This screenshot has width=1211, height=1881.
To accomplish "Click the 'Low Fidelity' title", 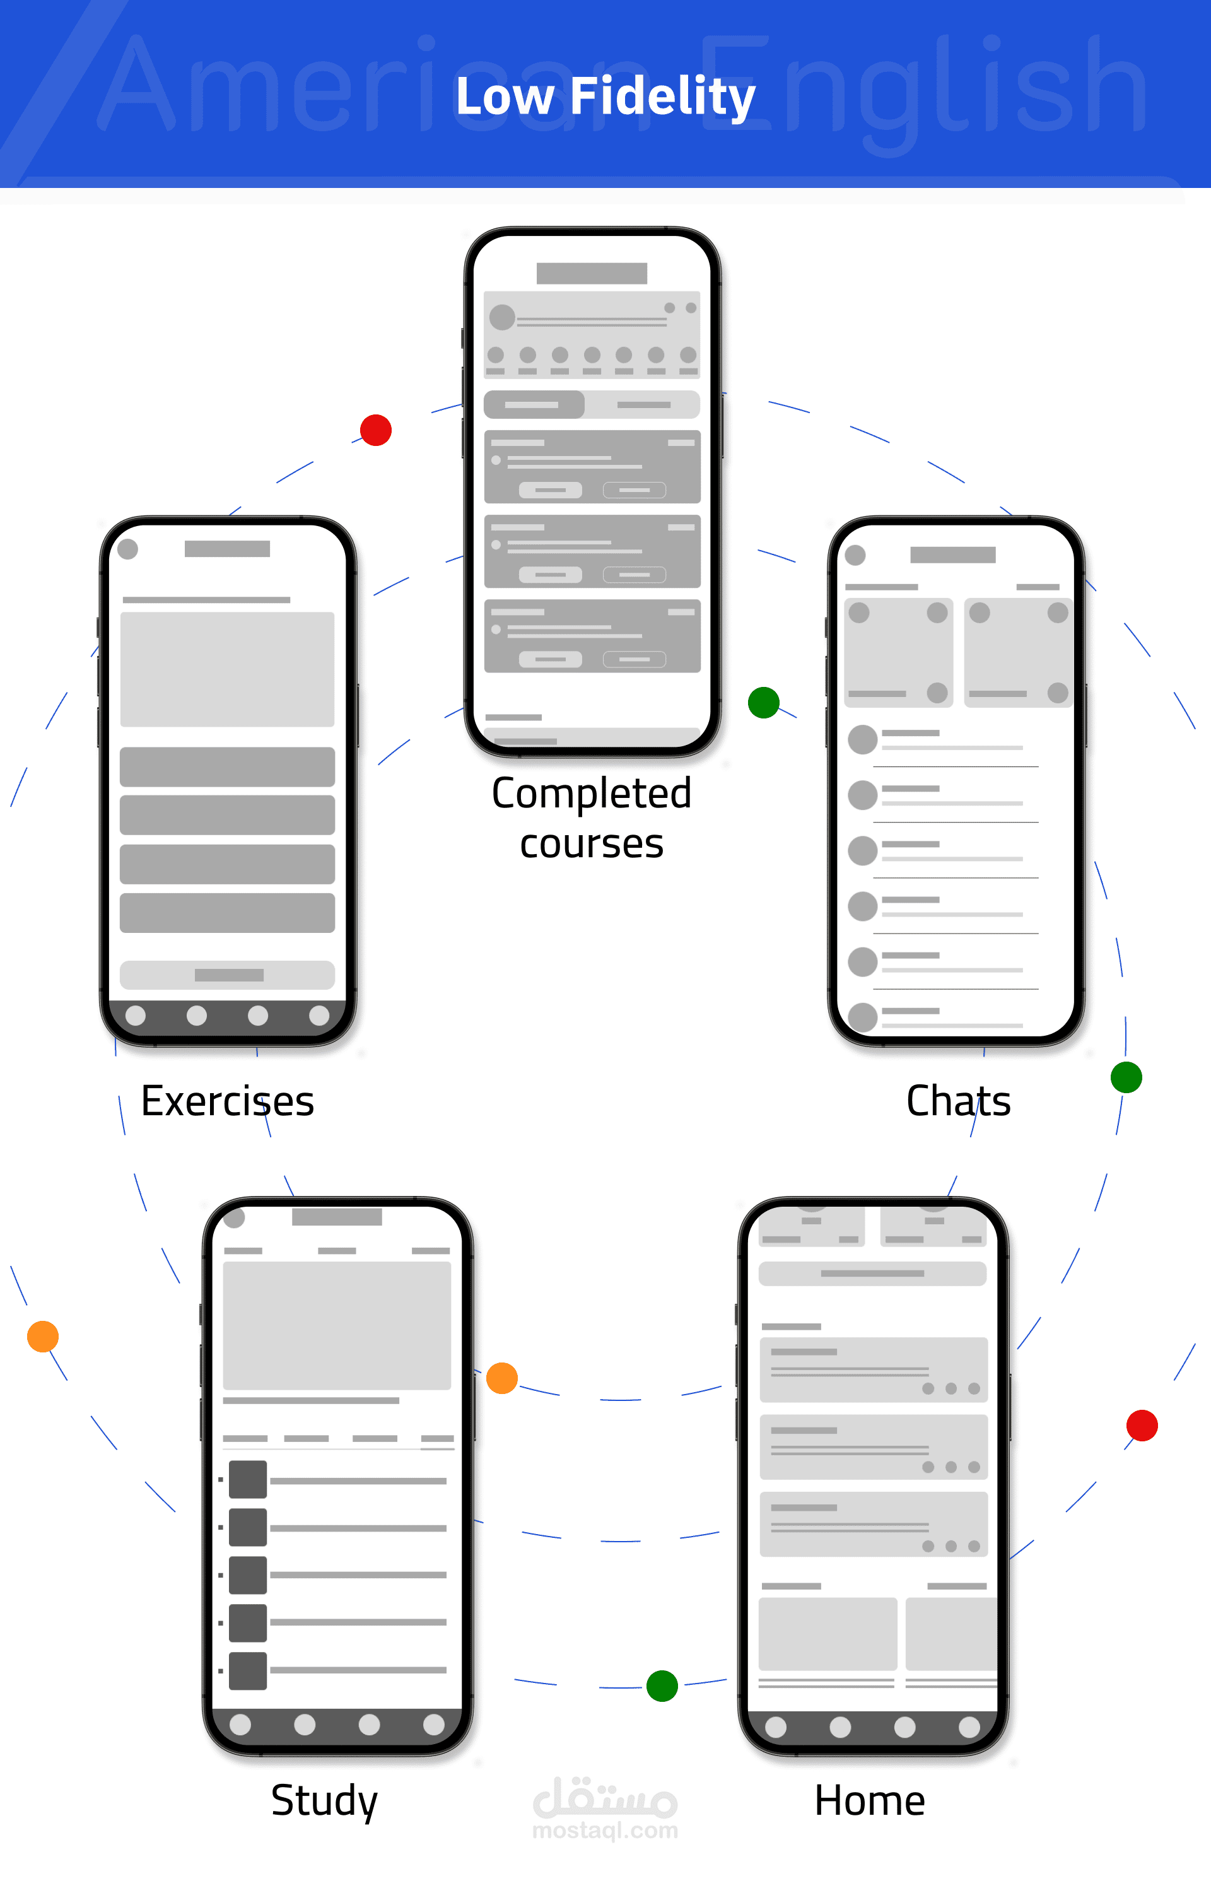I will pyautogui.click(x=605, y=96).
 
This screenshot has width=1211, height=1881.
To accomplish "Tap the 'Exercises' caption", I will pyautogui.click(x=227, y=1101).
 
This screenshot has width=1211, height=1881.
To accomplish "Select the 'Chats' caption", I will pyautogui.click(x=958, y=1101).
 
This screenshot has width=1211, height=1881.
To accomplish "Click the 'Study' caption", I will pyautogui.click(x=324, y=1801).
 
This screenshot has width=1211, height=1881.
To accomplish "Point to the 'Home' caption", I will pyautogui.click(x=869, y=1801).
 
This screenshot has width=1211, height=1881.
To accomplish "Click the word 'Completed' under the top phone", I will pyautogui.click(x=592, y=793).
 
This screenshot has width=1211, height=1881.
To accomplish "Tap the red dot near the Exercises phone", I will pyautogui.click(x=376, y=430).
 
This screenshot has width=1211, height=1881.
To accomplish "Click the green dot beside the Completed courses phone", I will pyautogui.click(x=763, y=702).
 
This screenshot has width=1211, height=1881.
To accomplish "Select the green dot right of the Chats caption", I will pyautogui.click(x=1126, y=1077).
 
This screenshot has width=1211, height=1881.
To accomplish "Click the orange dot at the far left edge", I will pyautogui.click(x=42, y=1337).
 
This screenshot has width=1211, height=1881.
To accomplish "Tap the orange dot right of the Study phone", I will pyautogui.click(x=501, y=1378).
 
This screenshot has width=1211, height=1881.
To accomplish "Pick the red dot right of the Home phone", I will pyautogui.click(x=1142, y=1426).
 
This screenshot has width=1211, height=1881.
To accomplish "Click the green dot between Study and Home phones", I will pyautogui.click(x=662, y=1686).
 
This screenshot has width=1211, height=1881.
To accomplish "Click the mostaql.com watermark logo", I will pyautogui.click(x=605, y=1808).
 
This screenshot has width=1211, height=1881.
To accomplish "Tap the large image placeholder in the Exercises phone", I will pyautogui.click(x=227, y=669).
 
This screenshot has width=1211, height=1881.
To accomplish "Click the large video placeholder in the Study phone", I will pyautogui.click(x=337, y=1326).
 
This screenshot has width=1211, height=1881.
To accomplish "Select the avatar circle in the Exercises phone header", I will pyautogui.click(x=127, y=549).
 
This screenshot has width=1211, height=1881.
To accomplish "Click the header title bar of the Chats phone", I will pyautogui.click(x=952, y=555).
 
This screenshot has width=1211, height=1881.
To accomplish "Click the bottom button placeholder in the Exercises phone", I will pyautogui.click(x=227, y=975).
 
